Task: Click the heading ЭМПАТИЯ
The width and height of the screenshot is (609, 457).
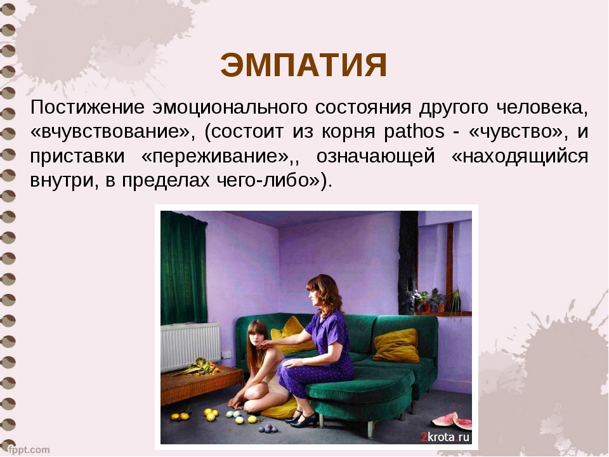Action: [x=304, y=65]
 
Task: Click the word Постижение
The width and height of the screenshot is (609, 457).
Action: [x=88, y=107]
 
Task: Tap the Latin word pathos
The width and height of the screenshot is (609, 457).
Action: [x=414, y=131]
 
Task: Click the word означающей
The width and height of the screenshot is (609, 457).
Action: [x=375, y=157]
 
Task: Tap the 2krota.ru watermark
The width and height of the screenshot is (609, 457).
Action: [x=445, y=437]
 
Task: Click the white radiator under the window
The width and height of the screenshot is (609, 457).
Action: [x=190, y=346]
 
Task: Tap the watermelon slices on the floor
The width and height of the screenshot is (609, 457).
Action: [x=452, y=421]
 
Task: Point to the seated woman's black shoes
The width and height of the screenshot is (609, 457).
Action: [x=300, y=418]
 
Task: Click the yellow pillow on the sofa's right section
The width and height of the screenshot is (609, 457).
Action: [x=396, y=345]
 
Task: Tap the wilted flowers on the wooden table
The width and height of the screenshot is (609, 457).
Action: [x=199, y=367]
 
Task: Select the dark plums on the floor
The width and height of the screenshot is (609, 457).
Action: [x=268, y=428]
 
